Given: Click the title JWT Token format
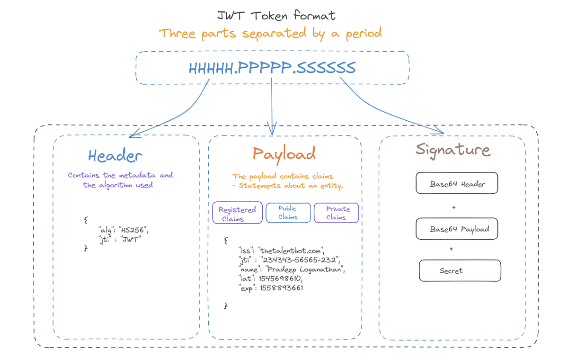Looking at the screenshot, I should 276,15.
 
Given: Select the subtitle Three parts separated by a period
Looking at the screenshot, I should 270,34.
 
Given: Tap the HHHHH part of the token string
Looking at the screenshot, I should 211,68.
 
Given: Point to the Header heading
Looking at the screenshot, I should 115,155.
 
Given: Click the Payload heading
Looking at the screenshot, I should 284,153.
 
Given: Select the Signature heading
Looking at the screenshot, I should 453,150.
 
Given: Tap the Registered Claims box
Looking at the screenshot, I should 237,214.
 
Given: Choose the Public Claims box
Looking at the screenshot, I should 288,213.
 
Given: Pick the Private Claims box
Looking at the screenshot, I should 337,213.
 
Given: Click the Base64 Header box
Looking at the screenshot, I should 457,184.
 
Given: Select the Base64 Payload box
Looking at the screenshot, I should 459,229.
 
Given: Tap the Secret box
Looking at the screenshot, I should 460,271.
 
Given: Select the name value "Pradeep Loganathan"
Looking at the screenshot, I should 306,270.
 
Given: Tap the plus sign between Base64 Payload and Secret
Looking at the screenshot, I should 451,249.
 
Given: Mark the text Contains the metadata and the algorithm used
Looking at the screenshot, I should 120,180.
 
